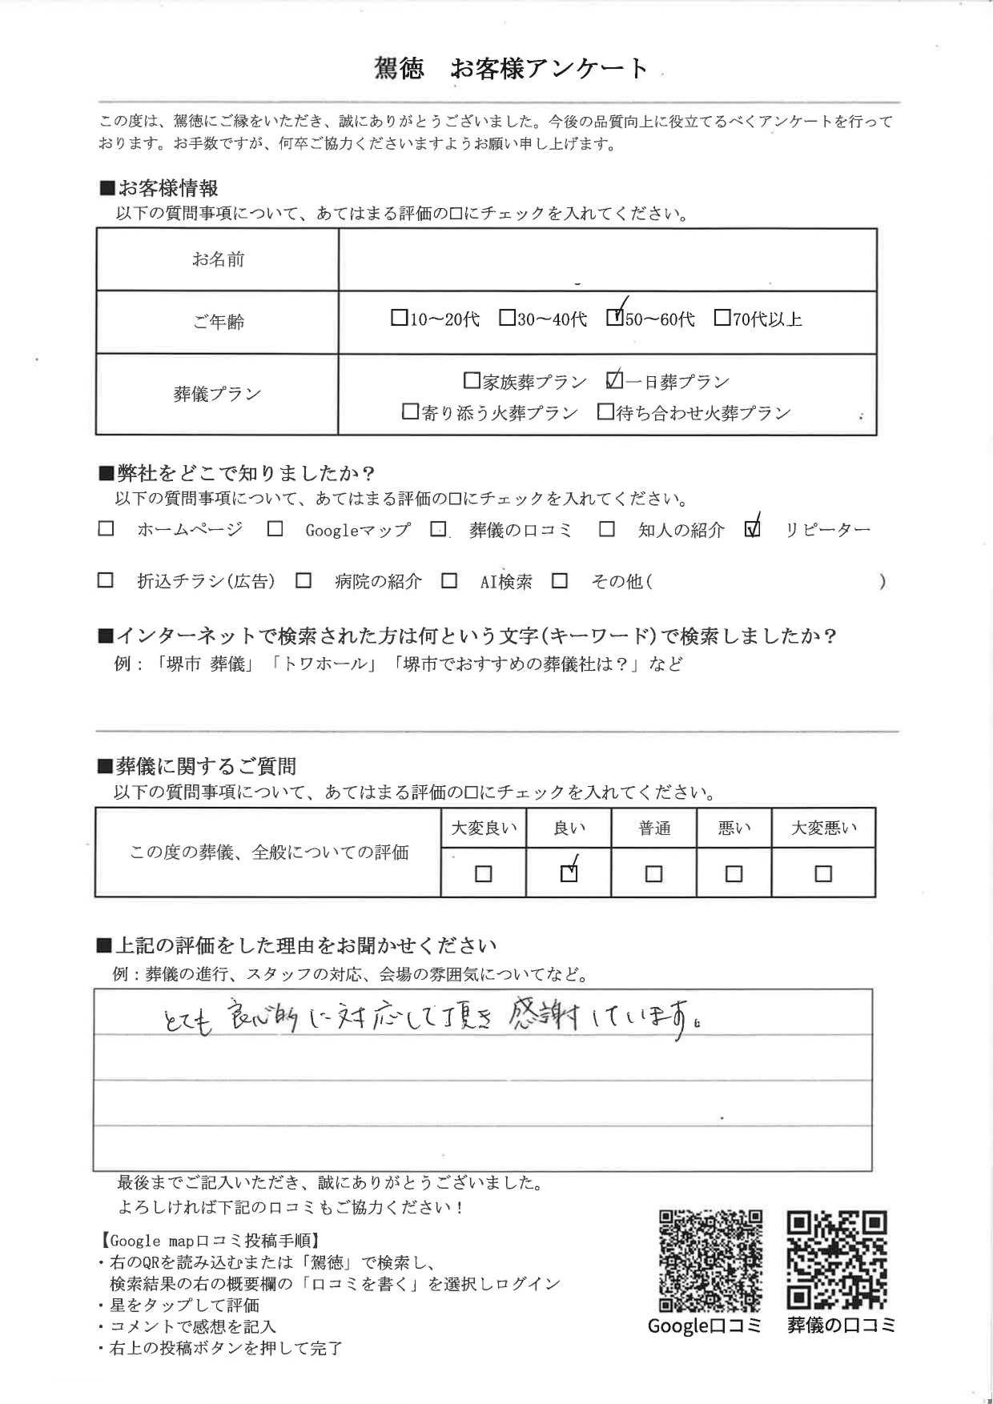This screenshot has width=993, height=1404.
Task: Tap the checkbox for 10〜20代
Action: coord(399,319)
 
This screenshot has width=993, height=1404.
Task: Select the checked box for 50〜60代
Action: coord(614,318)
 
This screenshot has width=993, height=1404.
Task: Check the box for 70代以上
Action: coord(722,319)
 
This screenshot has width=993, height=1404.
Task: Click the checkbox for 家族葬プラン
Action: coord(472,381)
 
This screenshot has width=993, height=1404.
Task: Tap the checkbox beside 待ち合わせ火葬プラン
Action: coord(606,412)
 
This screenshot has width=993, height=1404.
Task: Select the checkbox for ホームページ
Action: coord(106,529)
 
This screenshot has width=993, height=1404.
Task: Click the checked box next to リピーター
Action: coord(752,529)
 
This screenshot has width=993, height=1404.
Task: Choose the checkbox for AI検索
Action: coord(449,581)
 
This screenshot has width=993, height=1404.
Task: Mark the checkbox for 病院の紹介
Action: coord(304,581)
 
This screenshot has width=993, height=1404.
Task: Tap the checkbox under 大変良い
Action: coord(483,874)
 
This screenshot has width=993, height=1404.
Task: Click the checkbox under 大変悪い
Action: coord(822,874)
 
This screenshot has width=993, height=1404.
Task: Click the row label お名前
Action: coord(218,259)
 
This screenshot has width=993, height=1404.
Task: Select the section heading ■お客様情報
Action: coord(159,189)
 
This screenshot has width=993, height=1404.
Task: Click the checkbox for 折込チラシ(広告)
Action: coord(106,581)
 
